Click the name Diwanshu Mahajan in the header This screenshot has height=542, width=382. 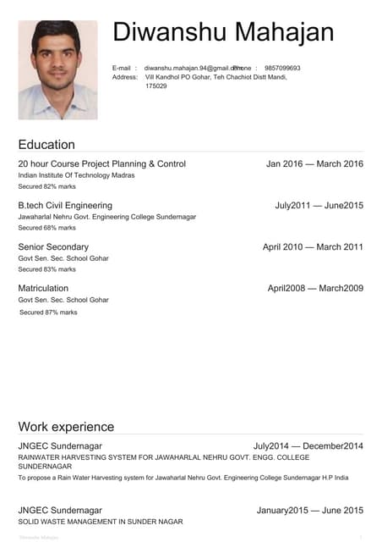[x=223, y=33]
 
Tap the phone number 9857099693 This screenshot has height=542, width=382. [x=282, y=68]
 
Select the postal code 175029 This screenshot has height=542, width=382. [x=156, y=86]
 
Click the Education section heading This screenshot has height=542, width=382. [x=46, y=145]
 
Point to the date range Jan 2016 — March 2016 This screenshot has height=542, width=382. [x=314, y=164]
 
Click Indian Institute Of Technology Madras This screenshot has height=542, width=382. [x=76, y=175]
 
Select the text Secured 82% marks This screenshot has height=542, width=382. [x=47, y=186]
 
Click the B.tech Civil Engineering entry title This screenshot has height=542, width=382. [x=65, y=206]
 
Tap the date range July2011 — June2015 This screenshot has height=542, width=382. [x=319, y=206]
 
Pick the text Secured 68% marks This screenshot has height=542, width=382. [x=47, y=228]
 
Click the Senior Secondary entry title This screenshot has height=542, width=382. [x=53, y=247]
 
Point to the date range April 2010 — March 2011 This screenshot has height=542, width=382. [x=313, y=247]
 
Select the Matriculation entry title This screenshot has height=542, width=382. [x=43, y=289]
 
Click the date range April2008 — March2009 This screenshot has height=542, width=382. [x=315, y=289]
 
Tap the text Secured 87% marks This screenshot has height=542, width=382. [x=48, y=312]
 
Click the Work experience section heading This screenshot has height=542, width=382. [x=66, y=427]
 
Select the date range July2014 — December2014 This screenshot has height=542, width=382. [x=308, y=446]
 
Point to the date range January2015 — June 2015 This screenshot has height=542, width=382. [x=310, y=511]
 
